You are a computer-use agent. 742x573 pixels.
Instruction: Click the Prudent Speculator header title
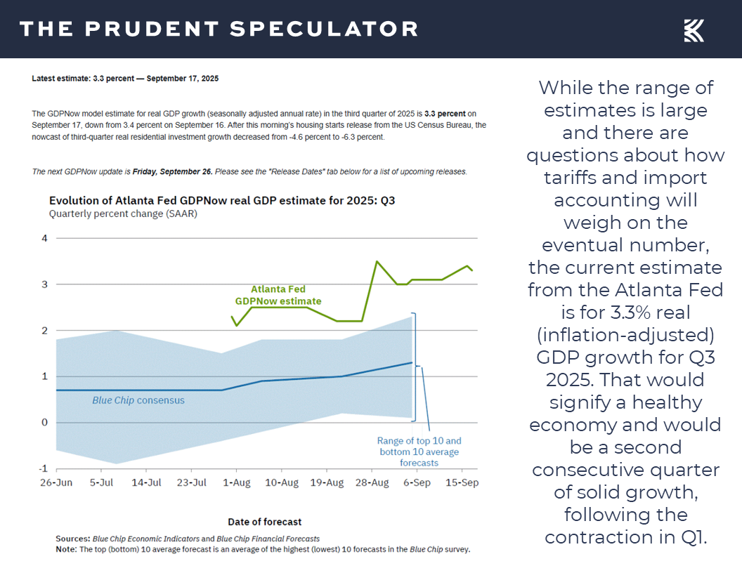(x=219, y=29)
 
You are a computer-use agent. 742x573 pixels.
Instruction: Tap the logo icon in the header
(x=694, y=30)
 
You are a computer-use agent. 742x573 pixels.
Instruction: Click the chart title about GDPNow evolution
(x=221, y=201)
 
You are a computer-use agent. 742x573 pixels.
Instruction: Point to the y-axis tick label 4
(x=44, y=238)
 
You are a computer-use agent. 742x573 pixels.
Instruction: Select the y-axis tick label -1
(x=43, y=468)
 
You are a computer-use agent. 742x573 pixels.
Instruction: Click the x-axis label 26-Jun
(x=56, y=483)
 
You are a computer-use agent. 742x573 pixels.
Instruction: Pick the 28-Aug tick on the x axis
(x=372, y=483)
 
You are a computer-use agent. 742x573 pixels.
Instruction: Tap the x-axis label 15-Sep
(x=462, y=483)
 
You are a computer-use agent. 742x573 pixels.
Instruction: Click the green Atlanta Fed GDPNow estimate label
(x=278, y=295)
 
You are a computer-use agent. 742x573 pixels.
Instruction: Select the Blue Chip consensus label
(x=138, y=400)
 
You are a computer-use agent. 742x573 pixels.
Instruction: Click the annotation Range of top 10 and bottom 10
(x=419, y=452)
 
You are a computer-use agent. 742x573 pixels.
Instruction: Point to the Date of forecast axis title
(x=264, y=522)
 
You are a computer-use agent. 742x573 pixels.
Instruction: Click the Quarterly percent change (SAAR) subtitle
(x=123, y=213)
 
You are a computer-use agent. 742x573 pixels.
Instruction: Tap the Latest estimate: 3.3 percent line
(x=125, y=79)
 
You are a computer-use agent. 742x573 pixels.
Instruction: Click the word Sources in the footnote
(x=73, y=538)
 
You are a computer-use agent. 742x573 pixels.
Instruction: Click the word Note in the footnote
(x=67, y=548)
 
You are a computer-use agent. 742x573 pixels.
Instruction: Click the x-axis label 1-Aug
(x=236, y=483)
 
